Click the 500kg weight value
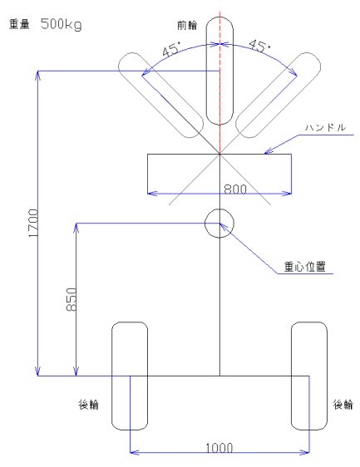point(61,24)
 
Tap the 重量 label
point(19,24)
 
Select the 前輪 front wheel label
point(187,25)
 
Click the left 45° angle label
point(171,49)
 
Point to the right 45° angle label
point(260,46)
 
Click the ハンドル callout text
point(325,127)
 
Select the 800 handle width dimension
point(235,189)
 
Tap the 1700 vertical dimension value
point(34,223)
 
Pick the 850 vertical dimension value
point(72,299)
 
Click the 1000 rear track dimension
point(219,448)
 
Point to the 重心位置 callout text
point(304,267)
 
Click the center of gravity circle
point(219,209)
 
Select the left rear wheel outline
point(111,376)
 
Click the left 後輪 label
point(88,405)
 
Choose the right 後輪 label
point(343,405)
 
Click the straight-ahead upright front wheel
point(206,71)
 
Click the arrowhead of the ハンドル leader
point(264,154)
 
